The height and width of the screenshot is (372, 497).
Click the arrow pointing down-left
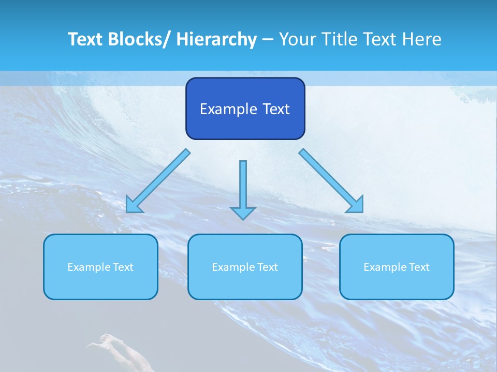158,181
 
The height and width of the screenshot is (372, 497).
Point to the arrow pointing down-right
331,181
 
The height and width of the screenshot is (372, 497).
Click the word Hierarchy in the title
216,39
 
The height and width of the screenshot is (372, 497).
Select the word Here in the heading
423,39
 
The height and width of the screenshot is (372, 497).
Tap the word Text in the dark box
276,109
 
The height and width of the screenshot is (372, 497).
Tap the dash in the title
268,40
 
